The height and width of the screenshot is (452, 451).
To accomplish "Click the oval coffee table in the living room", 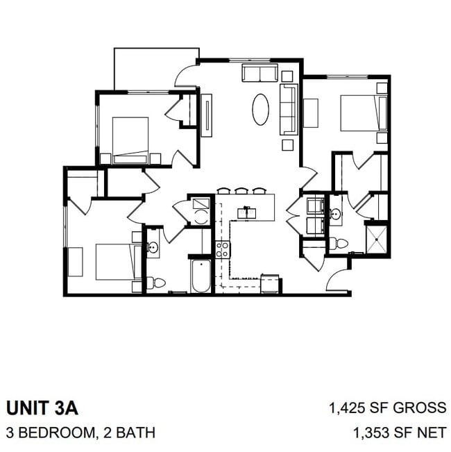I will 260,109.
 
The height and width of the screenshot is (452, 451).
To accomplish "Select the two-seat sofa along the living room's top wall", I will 259,73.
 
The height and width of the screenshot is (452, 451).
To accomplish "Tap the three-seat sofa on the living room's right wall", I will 289,109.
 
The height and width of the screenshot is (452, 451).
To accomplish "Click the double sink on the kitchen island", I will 246,212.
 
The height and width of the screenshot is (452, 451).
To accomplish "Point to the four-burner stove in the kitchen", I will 223,249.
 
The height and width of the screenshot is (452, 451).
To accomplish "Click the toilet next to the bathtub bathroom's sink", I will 158,283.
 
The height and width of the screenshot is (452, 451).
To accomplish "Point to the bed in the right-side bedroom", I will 363,112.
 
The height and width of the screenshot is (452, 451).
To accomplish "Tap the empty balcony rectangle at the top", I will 156,69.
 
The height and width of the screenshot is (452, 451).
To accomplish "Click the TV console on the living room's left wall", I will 207,114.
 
